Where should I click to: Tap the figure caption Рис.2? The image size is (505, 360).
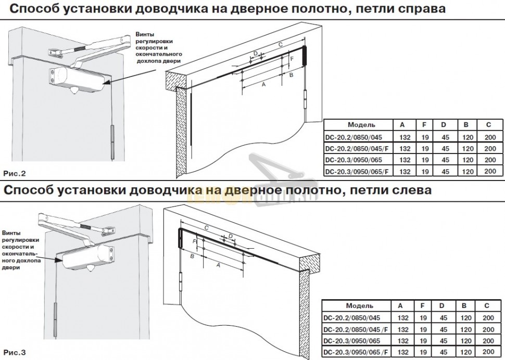pos(15,174)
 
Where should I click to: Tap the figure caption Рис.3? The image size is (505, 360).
pos(15,352)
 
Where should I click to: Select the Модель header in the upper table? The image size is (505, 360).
pos(361,125)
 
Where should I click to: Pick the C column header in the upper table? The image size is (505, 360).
pos(488,125)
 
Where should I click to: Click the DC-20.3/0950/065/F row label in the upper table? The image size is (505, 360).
pos(357,172)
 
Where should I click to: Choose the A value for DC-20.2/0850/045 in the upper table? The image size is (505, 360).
pos(405,137)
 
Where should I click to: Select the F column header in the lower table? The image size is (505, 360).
pos(423,305)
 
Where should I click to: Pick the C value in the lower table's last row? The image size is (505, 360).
pos(488,352)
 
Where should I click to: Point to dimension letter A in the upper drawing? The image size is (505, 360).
pos(263,84)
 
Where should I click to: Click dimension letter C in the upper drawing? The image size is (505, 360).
pos(280,44)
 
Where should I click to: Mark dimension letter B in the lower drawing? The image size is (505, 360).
pos(192,256)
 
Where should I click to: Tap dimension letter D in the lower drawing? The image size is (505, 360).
pos(231,236)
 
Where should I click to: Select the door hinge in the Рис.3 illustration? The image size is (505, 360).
pos(55,319)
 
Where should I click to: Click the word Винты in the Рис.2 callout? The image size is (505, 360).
pos(145,34)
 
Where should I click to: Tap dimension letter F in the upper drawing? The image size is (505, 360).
pos(292,59)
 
